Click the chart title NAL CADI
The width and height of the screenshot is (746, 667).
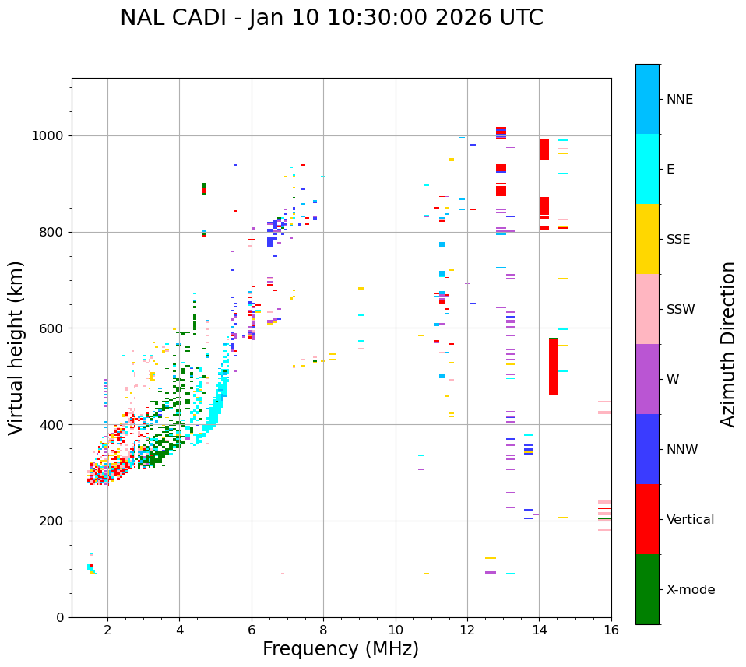pos(332,18)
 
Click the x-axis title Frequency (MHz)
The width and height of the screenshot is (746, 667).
pos(340,649)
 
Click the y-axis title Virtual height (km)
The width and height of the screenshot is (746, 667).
pos(16,348)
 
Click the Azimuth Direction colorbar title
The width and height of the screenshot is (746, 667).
pos(728,344)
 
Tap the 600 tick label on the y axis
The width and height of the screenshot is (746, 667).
pos(54,328)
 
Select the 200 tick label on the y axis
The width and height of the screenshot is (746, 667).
pos(54,521)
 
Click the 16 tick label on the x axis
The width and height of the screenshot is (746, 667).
pos(611,630)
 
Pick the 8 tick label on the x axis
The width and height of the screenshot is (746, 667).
pos(323,630)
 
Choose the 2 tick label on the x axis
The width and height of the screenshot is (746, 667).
pos(107,630)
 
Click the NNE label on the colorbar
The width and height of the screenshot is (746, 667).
pos(679,100)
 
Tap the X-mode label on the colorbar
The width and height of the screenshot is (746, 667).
pos(691,590)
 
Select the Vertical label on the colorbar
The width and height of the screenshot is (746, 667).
pos(690,520)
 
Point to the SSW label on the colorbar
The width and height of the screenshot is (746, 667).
pos(681,310)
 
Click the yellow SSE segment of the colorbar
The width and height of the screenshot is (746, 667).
pos(647,239)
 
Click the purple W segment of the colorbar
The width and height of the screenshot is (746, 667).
pos(647,379)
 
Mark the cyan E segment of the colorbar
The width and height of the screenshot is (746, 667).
pos(647,169)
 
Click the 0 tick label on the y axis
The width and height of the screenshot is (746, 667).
pos(61,617)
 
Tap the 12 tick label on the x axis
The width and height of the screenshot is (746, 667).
pos(467,630)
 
